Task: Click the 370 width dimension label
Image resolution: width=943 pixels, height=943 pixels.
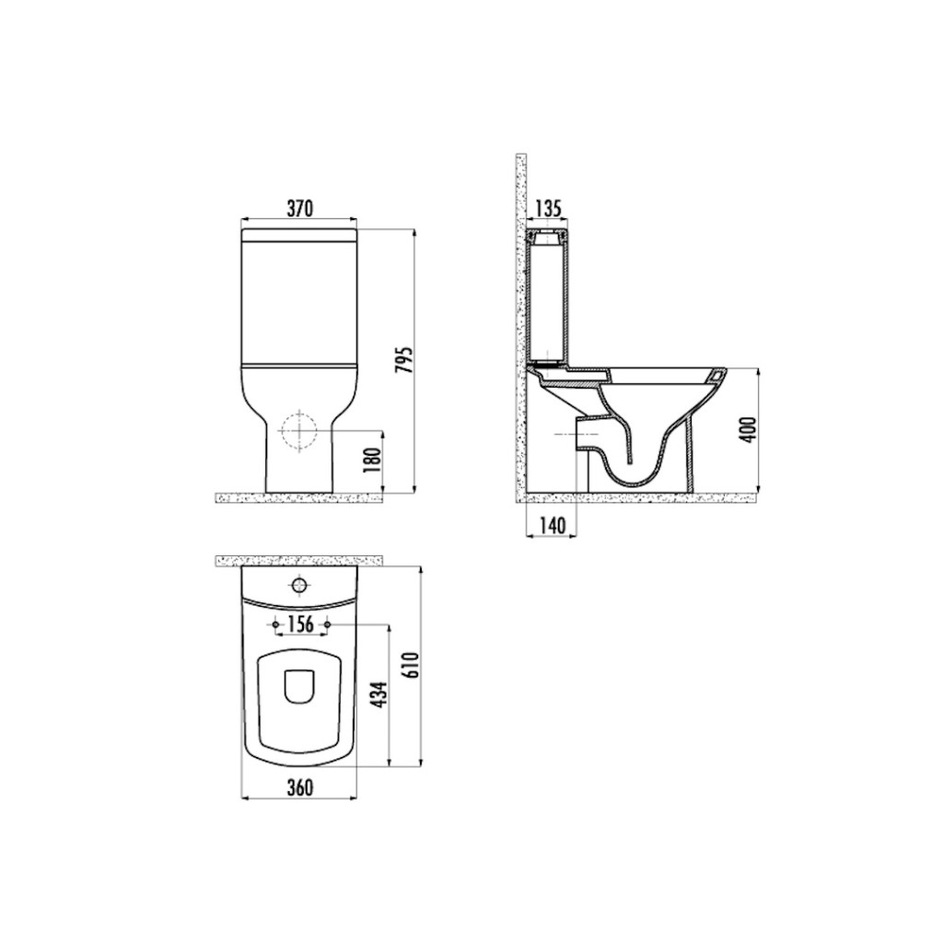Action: pos(298,209)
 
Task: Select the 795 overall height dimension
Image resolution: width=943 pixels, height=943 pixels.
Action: pos(402,360)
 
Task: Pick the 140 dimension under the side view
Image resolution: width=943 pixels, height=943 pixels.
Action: pos(551,526)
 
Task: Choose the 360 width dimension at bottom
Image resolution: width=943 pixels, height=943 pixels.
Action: pos(298,787)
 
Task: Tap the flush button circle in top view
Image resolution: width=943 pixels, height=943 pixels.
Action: pos(298,584)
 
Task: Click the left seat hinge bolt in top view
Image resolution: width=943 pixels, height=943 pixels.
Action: pos(275,625)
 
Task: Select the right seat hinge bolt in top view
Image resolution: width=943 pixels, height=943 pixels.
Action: pos(326,625)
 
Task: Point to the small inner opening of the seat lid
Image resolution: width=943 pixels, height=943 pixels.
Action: pos(298,686)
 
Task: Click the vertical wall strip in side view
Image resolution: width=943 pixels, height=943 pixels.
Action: pos(520,322)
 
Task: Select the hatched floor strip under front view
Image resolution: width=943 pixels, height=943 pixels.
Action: pos(298,498)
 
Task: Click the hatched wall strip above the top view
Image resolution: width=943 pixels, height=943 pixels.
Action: pos(298,561)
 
